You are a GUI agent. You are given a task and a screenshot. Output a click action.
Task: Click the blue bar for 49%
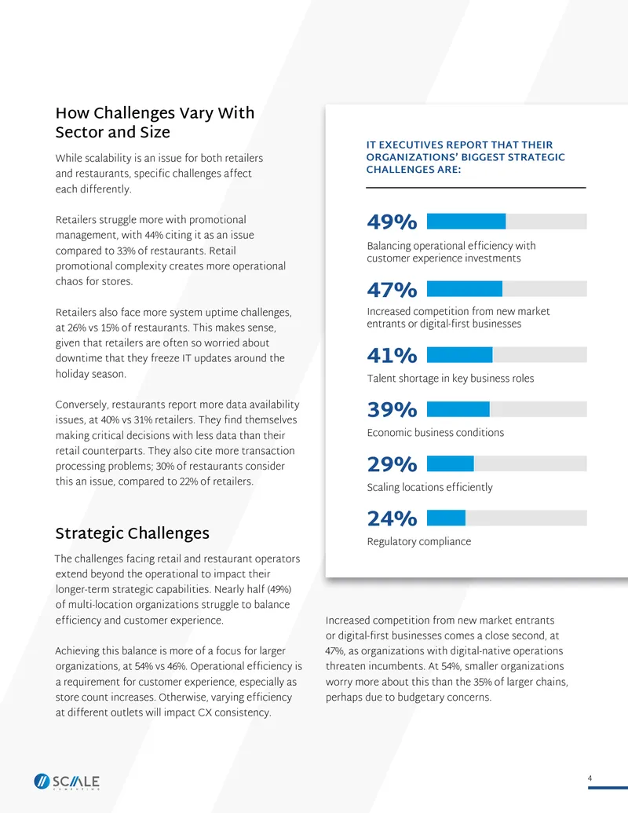coord(466,222)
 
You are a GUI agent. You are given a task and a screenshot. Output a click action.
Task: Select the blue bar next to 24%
coord(446,518)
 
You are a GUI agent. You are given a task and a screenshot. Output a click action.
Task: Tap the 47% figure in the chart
coord(392,290)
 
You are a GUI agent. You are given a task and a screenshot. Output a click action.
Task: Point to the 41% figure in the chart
coord(392,356)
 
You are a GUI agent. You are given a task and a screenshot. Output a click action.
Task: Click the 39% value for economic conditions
coord(392,409)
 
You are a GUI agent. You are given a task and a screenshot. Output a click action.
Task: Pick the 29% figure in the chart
coord(392,464)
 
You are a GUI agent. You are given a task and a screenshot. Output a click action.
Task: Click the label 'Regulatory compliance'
coord(419,542)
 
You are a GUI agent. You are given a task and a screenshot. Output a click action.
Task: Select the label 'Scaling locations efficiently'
coord(429,487)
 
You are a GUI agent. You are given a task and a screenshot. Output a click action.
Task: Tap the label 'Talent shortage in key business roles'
coord(451,379)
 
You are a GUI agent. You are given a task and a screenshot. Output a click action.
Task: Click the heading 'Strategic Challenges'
coord(133,533)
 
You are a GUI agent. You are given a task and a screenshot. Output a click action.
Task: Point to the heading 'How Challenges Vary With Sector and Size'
coord(155,123)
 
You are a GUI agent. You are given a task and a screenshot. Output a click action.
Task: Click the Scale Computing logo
coord(67,782)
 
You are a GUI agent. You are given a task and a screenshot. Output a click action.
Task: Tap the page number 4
coord(590,778)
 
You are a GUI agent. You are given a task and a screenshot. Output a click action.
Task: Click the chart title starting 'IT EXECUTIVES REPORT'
coord(466,157)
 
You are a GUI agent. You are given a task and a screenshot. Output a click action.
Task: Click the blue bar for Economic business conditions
coord(458,409)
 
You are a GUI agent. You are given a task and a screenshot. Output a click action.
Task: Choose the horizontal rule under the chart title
coord(476,187)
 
